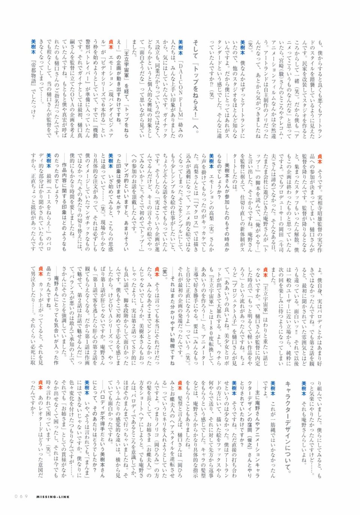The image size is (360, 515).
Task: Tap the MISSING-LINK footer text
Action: [x=53, y=497]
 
